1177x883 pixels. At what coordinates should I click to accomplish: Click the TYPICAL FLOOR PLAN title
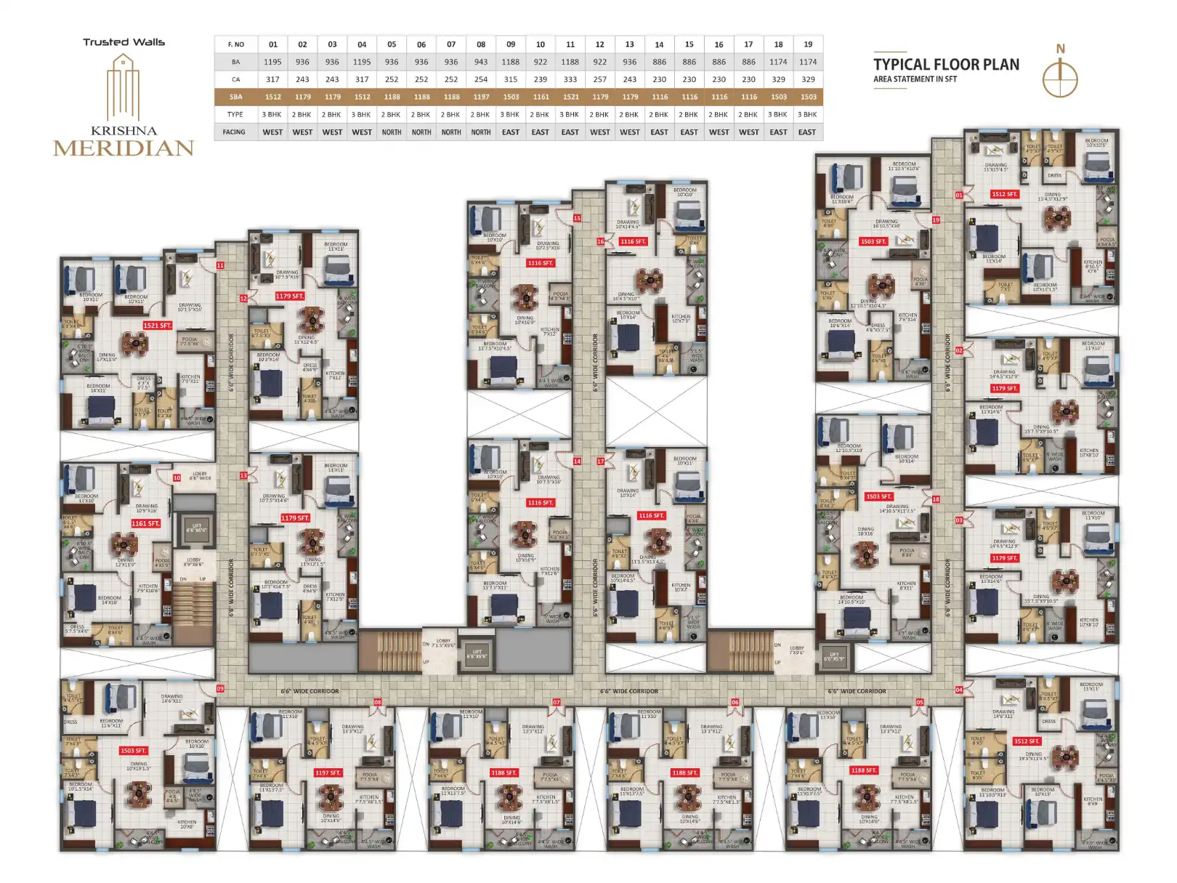[946, 65]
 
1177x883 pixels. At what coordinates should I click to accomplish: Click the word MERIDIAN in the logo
[124, 148]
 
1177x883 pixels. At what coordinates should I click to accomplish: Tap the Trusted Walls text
[124, 42]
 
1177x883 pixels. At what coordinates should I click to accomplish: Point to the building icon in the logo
[124, 87]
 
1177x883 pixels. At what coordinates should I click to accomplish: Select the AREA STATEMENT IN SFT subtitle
[915, 79]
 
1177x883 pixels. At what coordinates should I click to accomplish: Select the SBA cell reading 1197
[481, 97]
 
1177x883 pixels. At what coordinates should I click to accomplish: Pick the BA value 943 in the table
[481, 62]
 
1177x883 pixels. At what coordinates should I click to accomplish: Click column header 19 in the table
[808, 44]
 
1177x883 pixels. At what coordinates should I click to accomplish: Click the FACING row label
[235, 132]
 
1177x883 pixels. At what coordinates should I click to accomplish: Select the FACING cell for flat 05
[392, 132]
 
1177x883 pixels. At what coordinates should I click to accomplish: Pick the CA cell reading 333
[570, 79]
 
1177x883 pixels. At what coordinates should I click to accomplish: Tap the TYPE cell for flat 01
[272, 115]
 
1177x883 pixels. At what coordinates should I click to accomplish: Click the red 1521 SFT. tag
[157, 326]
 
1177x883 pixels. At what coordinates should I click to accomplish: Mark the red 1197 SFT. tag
[328, 773]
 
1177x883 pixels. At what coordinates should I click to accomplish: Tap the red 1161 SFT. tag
[145, 523]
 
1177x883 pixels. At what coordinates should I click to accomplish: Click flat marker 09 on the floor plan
[220, 688]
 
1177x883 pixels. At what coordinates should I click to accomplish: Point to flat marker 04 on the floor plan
[959, 690]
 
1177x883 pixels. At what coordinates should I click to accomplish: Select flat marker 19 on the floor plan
[936, 219]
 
